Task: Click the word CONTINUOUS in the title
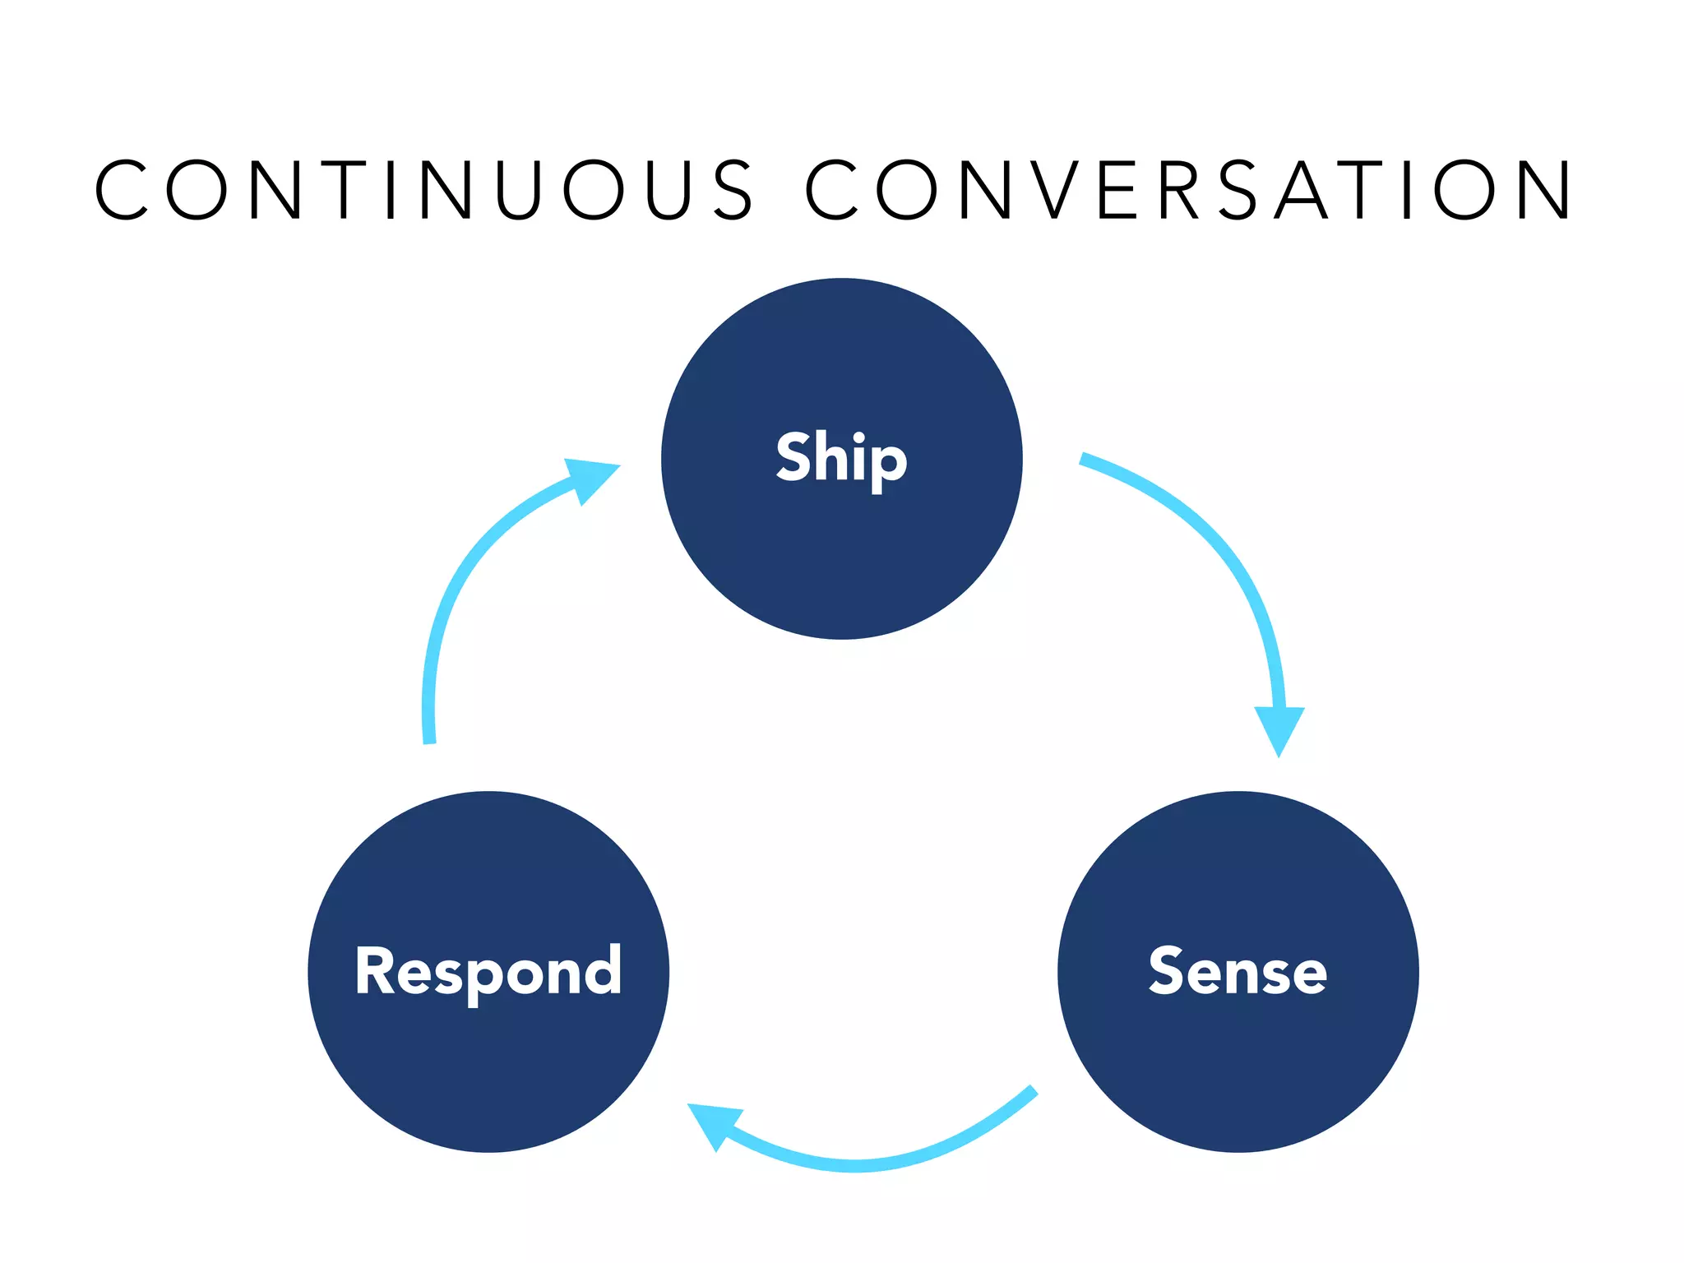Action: (423, 190)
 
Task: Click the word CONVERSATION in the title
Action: (1188, 190)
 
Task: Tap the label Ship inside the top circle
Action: (841, 458)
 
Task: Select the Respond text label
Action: (488, 971)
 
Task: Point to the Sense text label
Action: (1238, 971)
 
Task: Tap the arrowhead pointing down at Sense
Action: (1279, 728)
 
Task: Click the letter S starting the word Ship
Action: (793, 456)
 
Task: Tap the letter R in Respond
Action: (375, 970)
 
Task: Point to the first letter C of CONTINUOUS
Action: (121, 190)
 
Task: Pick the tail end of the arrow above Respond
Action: (429, 738)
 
